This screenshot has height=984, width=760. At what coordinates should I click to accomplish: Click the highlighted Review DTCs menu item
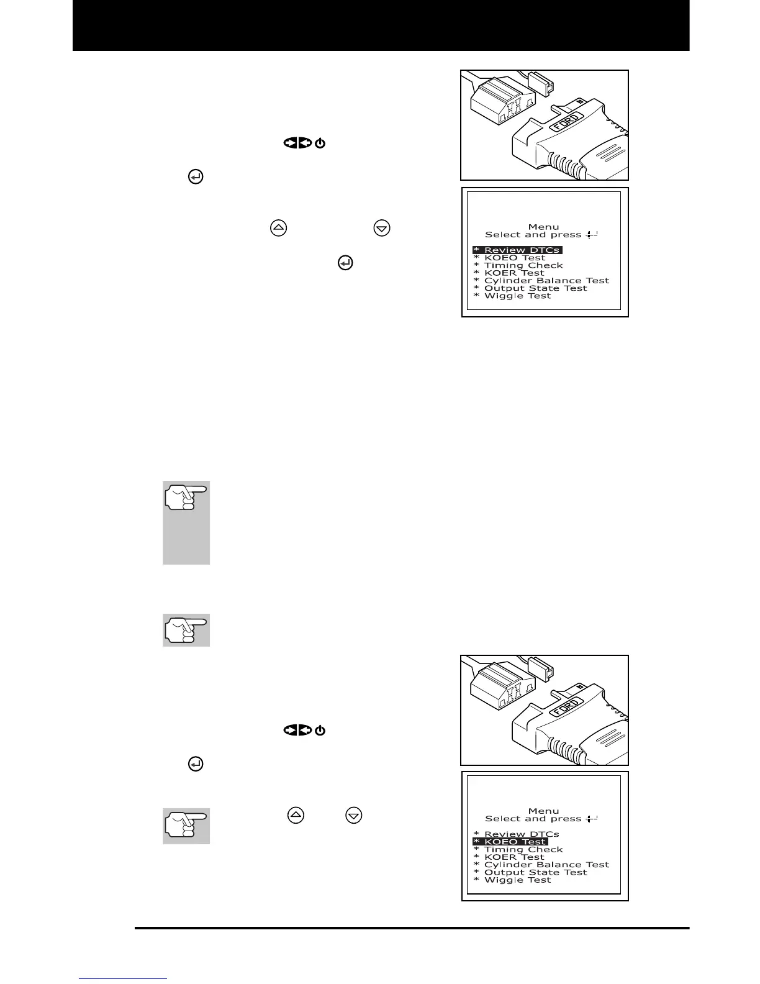point(517,250)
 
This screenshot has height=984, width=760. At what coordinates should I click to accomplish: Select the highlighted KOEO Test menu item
point(510,842)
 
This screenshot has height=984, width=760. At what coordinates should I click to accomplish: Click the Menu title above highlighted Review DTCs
point(543,227)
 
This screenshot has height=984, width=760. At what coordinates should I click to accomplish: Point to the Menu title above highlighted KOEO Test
point(543,811)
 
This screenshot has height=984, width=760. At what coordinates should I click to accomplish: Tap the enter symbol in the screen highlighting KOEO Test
point(591,819)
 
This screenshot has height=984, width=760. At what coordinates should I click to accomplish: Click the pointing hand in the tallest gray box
point(186,497)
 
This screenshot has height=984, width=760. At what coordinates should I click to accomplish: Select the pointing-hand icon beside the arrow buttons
point(186,825)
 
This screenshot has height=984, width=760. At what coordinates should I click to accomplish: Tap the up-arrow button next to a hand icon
point(296,815)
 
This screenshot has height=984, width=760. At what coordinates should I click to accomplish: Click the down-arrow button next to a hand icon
point(353,815)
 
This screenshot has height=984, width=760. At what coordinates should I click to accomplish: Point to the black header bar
point(381,25)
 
